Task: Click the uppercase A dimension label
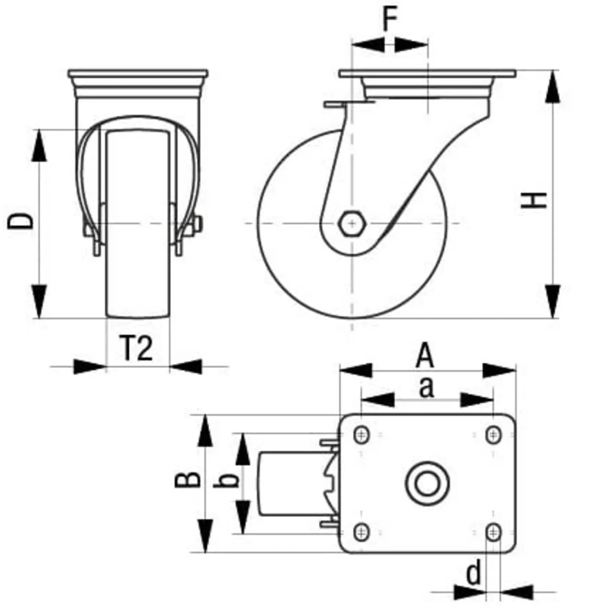point(425,356)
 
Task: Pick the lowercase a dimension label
point(427,388)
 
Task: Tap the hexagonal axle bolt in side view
point(351,222)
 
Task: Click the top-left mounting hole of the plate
point(361,435)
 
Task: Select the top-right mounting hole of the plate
point(493,435)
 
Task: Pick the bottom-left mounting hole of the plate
point(361,532)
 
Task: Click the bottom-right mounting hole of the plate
point(493,532)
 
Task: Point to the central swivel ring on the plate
point(427,483)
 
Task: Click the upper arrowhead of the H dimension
point(552,87)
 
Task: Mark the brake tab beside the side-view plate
point(335,104)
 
